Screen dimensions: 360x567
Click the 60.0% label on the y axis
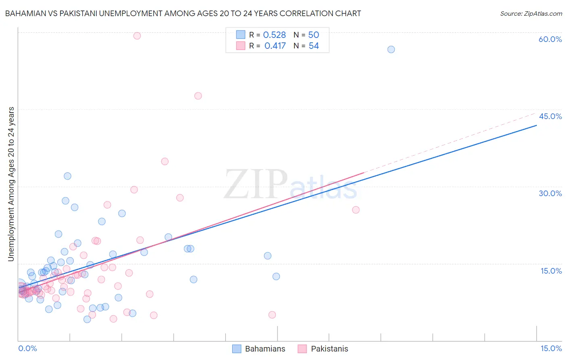[x=550, y=39]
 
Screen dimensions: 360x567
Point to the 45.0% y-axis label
[x=550, y=116]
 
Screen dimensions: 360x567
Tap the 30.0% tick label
[x=550, y=193]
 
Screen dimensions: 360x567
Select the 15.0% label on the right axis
[x=551, y=271]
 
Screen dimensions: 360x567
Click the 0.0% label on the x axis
[x=27, y=349]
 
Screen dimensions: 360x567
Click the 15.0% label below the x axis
[x=551, y=349]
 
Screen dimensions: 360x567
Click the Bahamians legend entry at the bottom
[x=265, y=349]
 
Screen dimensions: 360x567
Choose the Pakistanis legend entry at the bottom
[x=329, y=349]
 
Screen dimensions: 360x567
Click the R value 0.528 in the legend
[x=274, y=35]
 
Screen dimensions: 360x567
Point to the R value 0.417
[x=275, y=46]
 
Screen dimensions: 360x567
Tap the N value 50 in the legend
[x=313, y=35]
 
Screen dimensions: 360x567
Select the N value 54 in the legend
[x=313, y=46]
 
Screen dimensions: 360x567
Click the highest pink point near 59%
[x=137, y=36]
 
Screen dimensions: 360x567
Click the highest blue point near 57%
[x=391, y=49]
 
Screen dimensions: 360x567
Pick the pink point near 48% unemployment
[x=198, y=96]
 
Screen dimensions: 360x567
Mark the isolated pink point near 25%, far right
[x=356, y=210]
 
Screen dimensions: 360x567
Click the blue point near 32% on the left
[x=67, y=176]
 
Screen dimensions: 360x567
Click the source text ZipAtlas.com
[x=531, y=14]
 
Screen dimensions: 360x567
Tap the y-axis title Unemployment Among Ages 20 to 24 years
[x=11, y=184]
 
